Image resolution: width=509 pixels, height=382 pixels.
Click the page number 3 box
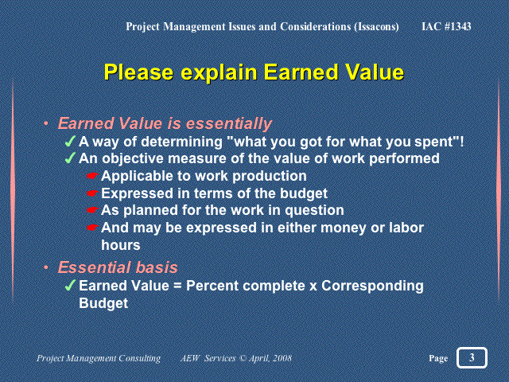(x=472, y=357)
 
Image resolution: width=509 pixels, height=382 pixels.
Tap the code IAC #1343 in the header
(x=446, y=26)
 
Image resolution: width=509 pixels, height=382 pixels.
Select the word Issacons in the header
(x=376, y=26)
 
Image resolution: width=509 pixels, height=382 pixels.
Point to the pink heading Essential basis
(x=118, y=267)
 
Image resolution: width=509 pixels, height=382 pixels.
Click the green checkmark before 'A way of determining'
(x=70, y=142)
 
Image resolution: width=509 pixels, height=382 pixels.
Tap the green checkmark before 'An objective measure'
(x=70, y=158)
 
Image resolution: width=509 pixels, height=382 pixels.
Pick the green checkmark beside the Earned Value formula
(x=70, y=286)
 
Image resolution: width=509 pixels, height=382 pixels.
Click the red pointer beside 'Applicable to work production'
(x=92, y=176)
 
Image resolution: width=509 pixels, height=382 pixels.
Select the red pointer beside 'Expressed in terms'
(x=92, y=193)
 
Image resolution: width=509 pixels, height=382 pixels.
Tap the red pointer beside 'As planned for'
(x=92, y=210)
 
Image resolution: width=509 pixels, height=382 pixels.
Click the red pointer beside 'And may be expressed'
(x=92, y=228)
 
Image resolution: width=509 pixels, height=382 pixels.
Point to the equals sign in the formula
(x=177, y=286)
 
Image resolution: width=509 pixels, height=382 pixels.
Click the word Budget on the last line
(x=103, y=303)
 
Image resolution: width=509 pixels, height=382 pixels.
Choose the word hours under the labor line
(x=121, y=245)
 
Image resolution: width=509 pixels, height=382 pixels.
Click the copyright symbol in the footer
(x=243, y=358)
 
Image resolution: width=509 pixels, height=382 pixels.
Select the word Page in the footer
(x=438, y=358)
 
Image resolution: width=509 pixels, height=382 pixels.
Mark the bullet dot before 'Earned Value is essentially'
(x=46, y=123)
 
